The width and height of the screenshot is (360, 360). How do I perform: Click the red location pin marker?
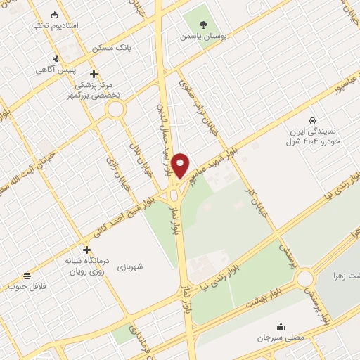pos(181,165)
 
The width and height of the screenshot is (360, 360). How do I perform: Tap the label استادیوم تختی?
pos(55,25)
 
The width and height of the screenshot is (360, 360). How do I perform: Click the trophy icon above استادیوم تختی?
pos(55,14)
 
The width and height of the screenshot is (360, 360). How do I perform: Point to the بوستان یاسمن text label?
pos(204,34)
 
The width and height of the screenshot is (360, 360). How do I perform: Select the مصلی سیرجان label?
pos(281,337)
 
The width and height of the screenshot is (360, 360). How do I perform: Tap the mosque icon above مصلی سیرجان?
pos(281,326)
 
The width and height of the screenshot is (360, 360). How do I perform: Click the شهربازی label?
pos(131,266)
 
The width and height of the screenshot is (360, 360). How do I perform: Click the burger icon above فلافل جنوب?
pos(27,275)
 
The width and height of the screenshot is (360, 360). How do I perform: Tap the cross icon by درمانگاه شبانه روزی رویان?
pos(86,250)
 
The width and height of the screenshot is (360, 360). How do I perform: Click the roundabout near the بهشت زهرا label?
pos(305,278)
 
